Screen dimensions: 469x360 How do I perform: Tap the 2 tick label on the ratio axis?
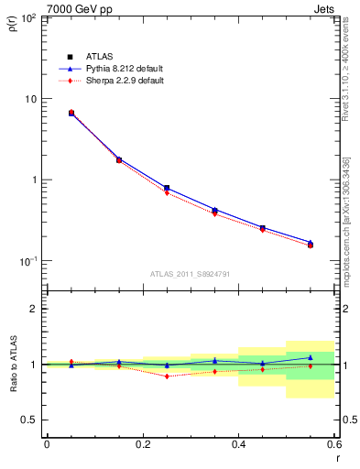(35, 309)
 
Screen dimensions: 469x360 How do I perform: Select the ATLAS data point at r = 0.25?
(167, 188)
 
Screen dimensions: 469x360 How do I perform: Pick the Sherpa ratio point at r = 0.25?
(167, 376)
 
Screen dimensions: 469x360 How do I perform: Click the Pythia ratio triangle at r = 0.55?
(311, 357)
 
